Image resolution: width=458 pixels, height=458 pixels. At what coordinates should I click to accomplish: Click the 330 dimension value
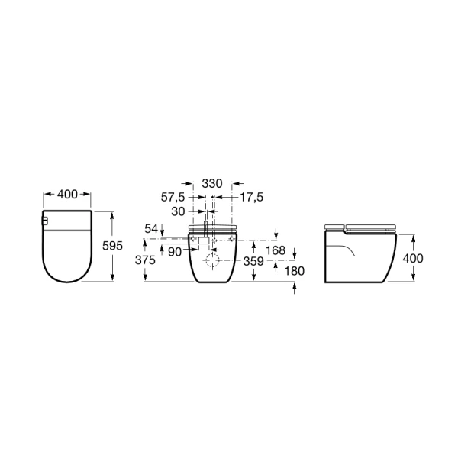tap(212, 184)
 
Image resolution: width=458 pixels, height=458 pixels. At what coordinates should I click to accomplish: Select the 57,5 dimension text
tap(173, 198)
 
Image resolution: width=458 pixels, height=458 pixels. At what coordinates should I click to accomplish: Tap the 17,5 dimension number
tap(251, 198)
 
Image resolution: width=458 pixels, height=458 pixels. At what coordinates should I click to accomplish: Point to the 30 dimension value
tap(178, 211)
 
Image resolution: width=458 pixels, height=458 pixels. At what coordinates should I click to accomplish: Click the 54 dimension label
tap(151, 229)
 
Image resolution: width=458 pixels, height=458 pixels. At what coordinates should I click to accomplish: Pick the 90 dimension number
tap(175, 252)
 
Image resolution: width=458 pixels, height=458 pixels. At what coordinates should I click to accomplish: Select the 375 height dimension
tap(145, 260)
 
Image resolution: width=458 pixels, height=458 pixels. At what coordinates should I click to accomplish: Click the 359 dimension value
tap(253, 261)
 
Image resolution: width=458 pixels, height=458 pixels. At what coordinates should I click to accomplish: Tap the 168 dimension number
tap(276, 250)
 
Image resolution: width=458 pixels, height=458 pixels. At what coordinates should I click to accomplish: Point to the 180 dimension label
tap(295, 271)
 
